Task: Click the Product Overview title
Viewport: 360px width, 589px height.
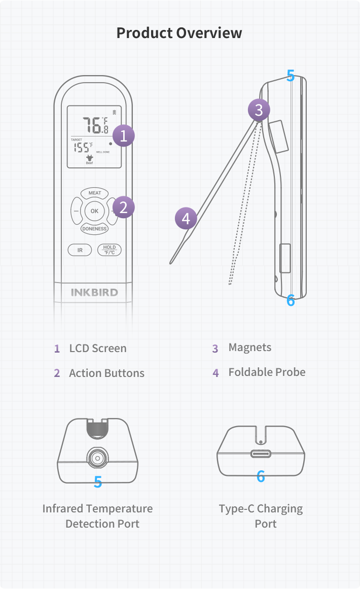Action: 179,33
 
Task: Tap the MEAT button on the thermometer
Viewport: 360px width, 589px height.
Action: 95,193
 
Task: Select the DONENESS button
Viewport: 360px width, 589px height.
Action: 94,229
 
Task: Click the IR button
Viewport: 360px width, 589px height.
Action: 80,250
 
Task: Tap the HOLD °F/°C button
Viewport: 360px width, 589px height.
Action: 110,250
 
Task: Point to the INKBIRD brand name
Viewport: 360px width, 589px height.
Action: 94,292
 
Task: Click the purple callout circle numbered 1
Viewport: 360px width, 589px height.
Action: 124,135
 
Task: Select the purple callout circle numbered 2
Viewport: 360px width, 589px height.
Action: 124,207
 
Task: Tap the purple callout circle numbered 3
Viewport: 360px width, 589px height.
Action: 259,109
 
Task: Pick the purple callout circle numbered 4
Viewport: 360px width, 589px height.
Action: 186,219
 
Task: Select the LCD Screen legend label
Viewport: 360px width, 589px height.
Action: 98,349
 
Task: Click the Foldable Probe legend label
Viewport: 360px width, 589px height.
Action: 267,372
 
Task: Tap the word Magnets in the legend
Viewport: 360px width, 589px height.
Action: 249,348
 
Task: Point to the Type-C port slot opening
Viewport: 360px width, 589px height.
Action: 261,454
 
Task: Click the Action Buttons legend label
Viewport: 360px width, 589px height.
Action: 106,373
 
